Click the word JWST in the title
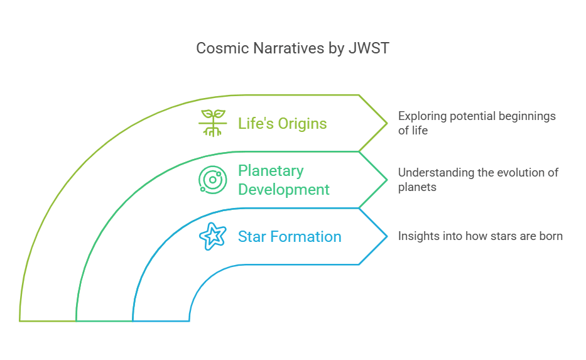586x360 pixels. [x=369, y=48]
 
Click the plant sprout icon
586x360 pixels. [x=213, y=123]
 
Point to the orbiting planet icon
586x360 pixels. [x=213, y=180]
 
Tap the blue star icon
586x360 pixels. [x=213, y=236]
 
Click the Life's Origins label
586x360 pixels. [x=283, y=124]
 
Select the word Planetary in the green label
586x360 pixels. [x=271, y=172]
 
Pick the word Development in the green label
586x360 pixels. [x=284, y=190]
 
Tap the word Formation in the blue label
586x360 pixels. [x=306, y=237]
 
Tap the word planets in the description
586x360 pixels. [x=417, y=187]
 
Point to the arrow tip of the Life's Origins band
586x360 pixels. [x=387, y=123]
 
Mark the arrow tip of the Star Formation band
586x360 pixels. [x=387, y=236]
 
